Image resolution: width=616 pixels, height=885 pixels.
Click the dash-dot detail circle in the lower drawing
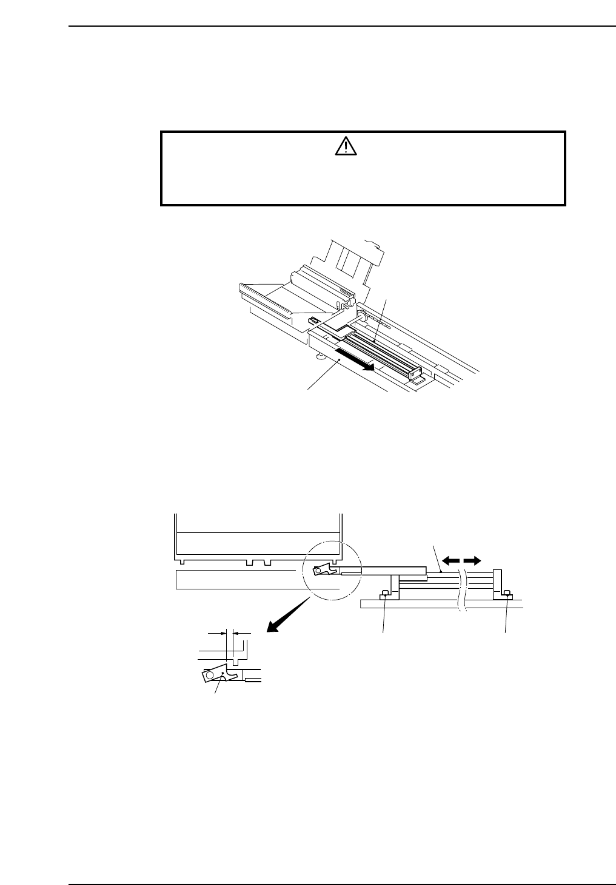[330, 574]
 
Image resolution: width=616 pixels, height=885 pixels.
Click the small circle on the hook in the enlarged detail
[210, 674]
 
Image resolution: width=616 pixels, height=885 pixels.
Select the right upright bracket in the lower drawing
[497, 583]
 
